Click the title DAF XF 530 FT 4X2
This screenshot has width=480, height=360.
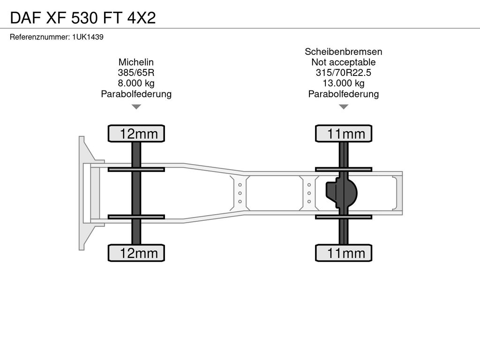pyautogui.click(x=83, y=18)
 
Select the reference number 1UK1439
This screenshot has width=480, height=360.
pyautogui.click(x=88, y=37)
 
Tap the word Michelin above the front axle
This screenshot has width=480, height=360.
pyautogui.click(x=136, y=62)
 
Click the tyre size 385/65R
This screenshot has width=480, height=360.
pyautogui.click(x=136, y=73)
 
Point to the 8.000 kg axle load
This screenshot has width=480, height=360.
pyautogui.click(x=136, y=83)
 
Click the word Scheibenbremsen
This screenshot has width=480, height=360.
pyautogui.click(x=344, y=52)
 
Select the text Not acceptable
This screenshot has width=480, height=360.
pyautogui.click(x=344, y=62)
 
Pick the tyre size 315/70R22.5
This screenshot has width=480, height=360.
pyautogui.click(x=344, y=73)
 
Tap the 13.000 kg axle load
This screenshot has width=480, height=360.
pyautogui.click(x=344, y=83)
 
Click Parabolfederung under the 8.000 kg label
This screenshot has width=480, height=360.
pyautogui.click(x=136, y=94)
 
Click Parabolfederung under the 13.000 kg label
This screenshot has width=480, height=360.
pyautogui.click(x=344, y=94)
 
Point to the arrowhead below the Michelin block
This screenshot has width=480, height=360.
pyautogui.click(x=136, y=106)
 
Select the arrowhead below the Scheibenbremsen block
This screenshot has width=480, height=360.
pyautogui.click(x=344, y=106)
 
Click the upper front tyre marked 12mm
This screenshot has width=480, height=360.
pyautogui.click(x=136, y=134)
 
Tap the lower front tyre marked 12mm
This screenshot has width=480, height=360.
pyautogui.click(x=136, y=253)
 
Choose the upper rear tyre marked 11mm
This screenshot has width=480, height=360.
pyautogui.click(x=344, y=134)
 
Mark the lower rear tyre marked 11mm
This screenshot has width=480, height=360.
pyautogui.click(x=344, y=253)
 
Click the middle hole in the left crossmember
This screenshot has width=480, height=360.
pyautogui.click(x=240, y=193)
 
